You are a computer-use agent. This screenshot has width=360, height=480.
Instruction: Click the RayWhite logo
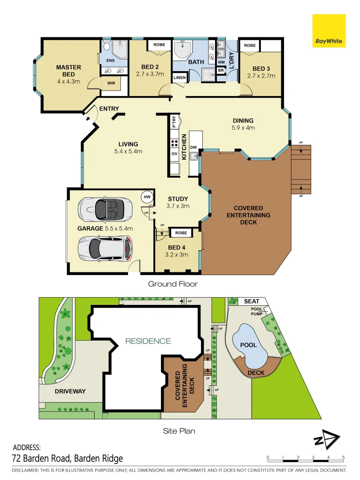329,31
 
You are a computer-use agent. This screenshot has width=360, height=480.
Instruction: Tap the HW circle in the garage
147,196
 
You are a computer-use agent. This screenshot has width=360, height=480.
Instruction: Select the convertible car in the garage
105,209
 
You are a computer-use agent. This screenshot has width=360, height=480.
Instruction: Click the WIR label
111,83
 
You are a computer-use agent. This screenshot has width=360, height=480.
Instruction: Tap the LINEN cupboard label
180,77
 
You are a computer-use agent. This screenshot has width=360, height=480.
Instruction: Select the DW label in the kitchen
193,147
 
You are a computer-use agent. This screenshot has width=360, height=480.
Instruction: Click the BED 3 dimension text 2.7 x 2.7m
261,76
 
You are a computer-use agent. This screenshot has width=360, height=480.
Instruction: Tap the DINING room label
243,120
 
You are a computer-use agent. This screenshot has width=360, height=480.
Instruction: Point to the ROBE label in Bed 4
180,232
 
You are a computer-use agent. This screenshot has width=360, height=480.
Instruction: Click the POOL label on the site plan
249,345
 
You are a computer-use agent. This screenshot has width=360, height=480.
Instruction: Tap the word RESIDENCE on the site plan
148,341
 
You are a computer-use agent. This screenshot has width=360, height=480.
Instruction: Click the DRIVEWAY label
70,391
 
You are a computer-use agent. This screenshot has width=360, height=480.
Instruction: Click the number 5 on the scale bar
343,457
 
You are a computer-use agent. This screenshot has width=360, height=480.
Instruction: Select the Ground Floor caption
172,284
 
